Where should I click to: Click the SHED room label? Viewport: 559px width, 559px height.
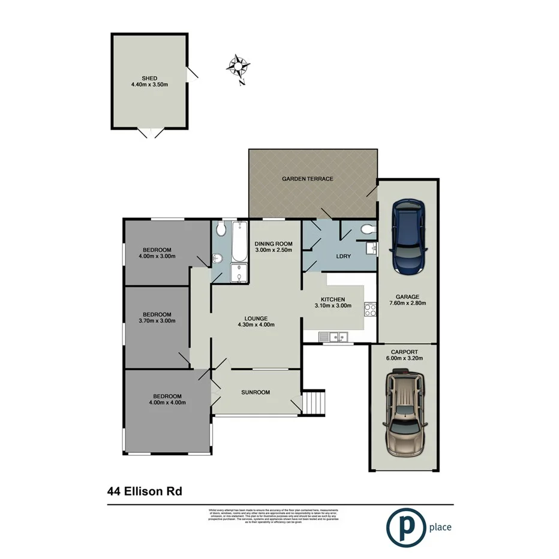tap(149, 78)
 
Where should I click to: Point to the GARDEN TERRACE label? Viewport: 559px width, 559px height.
tap(308, 179)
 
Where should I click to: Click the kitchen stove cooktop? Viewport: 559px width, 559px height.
tap(370, 310)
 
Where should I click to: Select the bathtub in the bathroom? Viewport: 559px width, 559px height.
tap(239, 242)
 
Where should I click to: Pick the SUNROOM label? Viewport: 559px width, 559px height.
tap(256, 392)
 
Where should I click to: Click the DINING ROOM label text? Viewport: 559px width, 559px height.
tap(273, 243)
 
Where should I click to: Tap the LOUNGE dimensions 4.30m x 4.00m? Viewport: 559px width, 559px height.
tap(256, 325)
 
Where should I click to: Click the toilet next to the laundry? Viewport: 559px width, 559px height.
tap(367, 229)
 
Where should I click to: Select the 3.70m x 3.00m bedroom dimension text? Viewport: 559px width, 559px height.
tap(157, 321)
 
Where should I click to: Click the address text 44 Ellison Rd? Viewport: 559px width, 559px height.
tap(145, 491)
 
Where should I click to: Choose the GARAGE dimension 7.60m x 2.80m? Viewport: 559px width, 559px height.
tap(407, 303)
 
